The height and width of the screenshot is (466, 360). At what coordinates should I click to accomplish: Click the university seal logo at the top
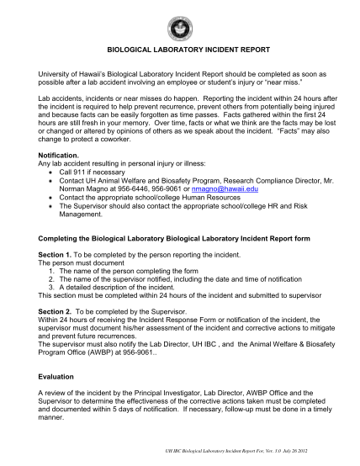[x=179, y=24]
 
